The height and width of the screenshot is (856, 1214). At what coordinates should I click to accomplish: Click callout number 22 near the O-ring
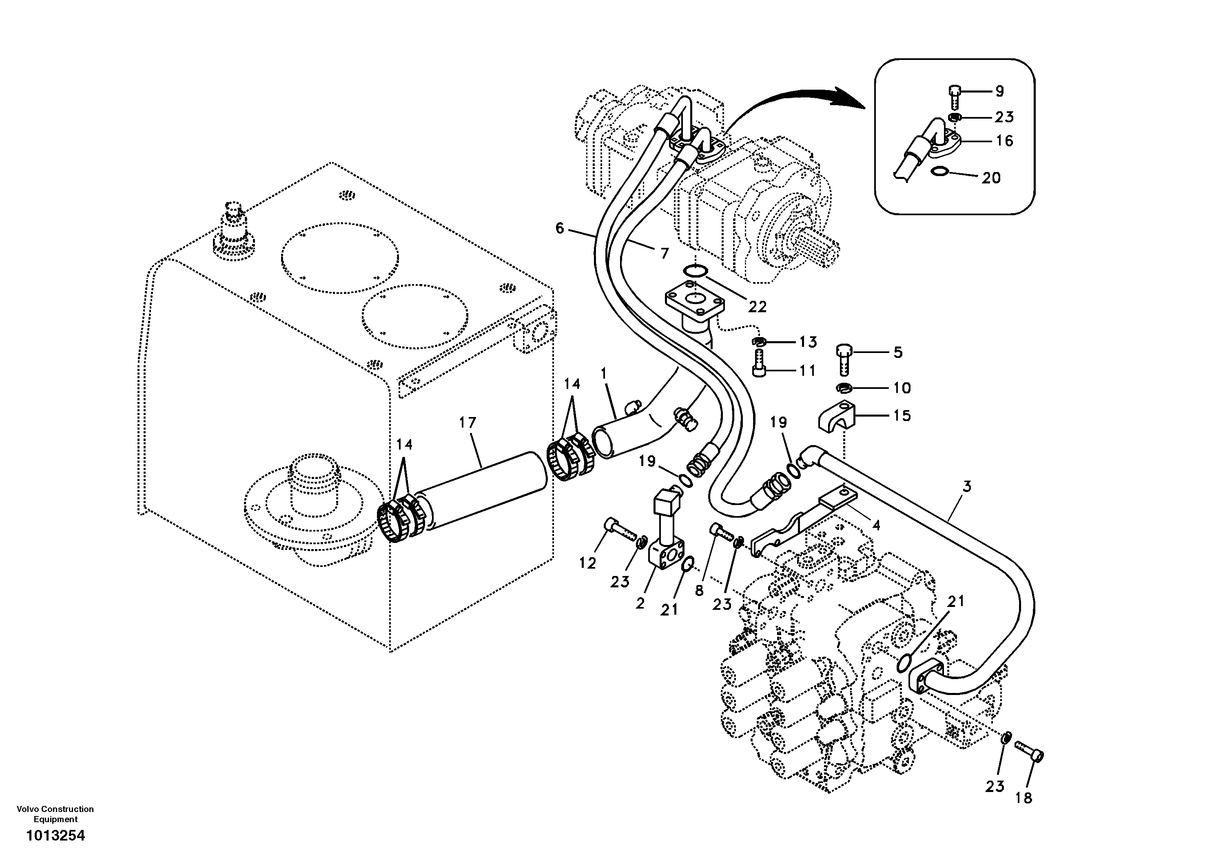coord(757,306)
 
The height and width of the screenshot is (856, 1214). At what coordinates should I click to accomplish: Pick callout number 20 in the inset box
coord(991,178)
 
